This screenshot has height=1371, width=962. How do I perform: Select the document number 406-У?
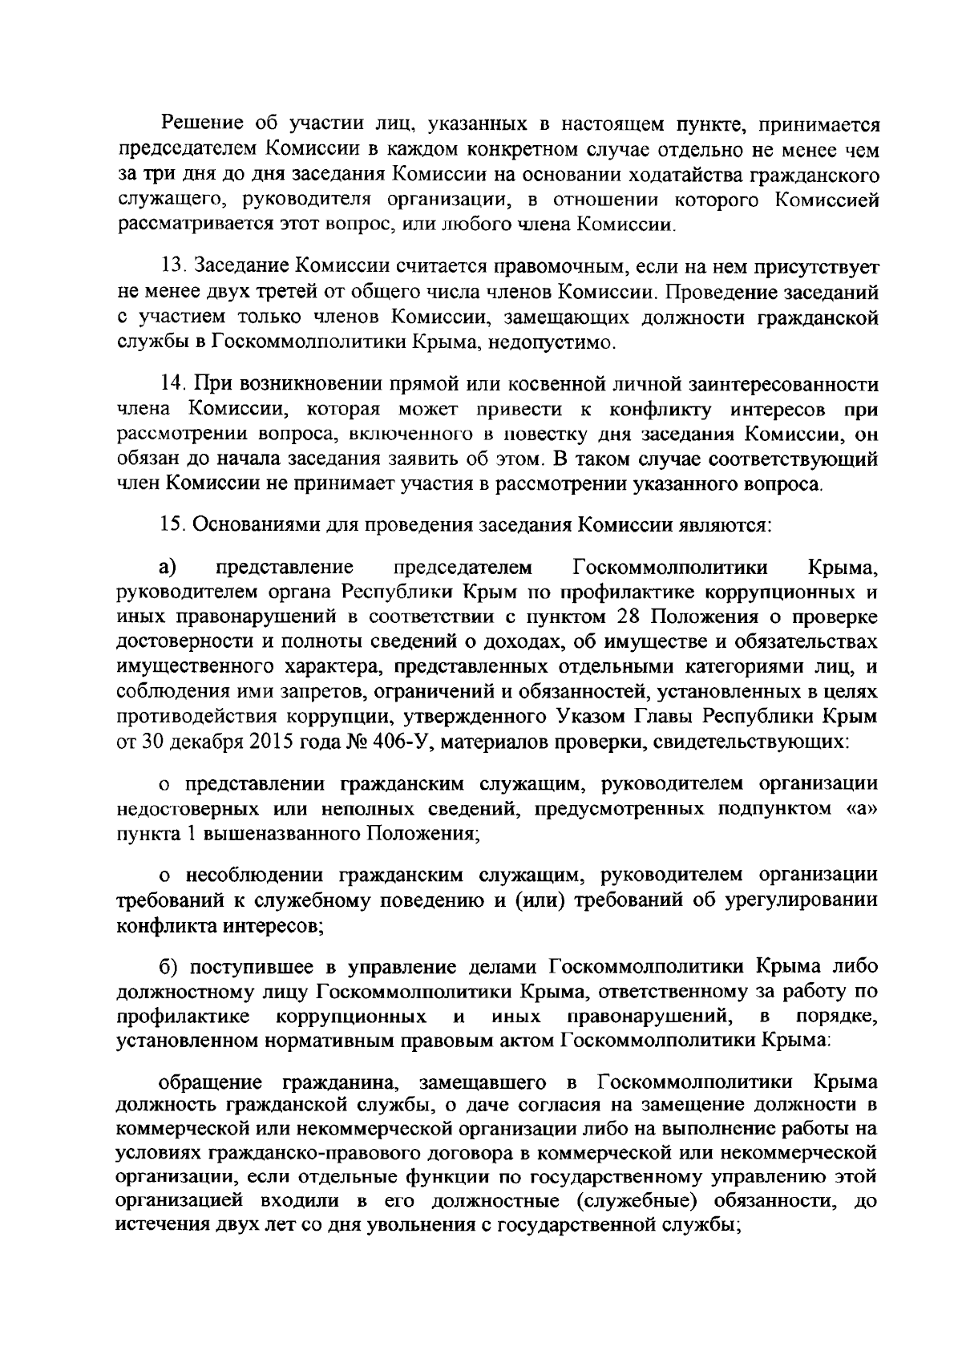point(402,742)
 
